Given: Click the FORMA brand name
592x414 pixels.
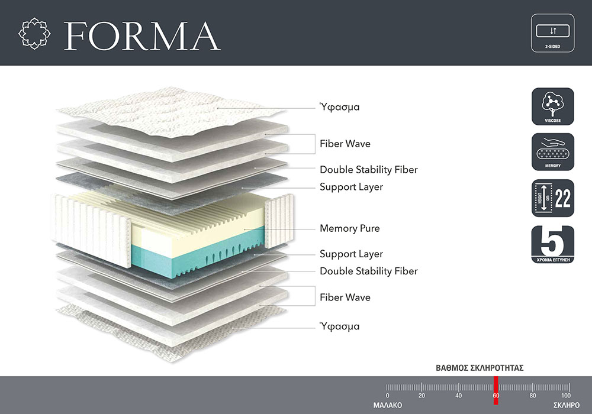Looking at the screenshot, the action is (142, 36).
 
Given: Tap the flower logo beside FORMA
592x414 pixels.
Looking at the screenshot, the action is (34, 33).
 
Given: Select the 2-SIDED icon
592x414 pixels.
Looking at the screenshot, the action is (553, 33).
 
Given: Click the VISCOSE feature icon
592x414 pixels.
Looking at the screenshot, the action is (553, 106).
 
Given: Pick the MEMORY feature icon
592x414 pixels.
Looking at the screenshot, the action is (553, 152).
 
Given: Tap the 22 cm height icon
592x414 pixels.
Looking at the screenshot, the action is (553, 198).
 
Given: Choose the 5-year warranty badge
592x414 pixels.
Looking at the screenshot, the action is (553, 244).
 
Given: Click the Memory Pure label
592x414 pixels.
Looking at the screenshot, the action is (350, 228).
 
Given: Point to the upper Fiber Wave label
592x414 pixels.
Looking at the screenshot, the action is (345, 144).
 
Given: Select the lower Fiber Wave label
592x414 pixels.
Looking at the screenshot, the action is (345, 297).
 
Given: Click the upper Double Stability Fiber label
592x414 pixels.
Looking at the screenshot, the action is (369, 170).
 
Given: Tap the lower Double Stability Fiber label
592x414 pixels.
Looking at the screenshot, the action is (369, 271).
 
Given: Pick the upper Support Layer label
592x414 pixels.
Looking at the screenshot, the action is (352, 187).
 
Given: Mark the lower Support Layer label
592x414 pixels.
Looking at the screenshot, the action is (352, 254).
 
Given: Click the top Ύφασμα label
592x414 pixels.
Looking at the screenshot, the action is (339, 107).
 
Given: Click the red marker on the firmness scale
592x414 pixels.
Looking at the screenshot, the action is (496, 390).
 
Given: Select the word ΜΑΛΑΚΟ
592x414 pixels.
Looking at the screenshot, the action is (388, 405).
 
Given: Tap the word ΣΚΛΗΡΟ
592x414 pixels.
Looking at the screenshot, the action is (567, 405).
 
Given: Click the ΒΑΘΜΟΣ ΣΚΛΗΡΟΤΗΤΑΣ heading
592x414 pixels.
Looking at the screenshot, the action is (480, 368).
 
